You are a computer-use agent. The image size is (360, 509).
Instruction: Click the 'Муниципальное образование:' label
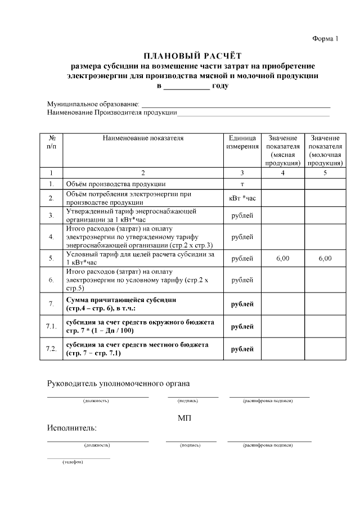[x=93, y=105]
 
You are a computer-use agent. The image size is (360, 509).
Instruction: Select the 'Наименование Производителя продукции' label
[x=112, y=113]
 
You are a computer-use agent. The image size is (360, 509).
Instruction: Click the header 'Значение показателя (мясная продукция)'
[x=283, y=150]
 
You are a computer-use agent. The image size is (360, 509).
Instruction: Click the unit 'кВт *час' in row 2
[x=242, y=198]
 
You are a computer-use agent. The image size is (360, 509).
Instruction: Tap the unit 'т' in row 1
[x=242, y=184]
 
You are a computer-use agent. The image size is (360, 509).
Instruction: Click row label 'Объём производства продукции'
[x=115, y=184]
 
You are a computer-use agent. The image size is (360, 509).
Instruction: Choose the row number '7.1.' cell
[x=51, y=326]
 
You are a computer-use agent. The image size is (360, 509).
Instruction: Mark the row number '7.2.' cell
[x=51, y=349]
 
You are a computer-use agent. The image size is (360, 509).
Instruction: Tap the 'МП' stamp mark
[x=185, y=418]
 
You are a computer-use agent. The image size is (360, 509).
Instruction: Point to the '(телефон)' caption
[x=73, y=462]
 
